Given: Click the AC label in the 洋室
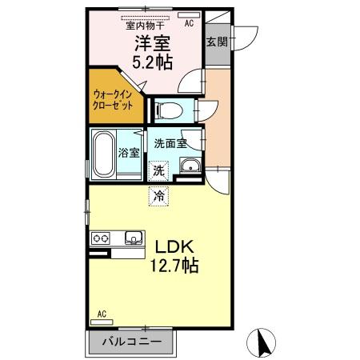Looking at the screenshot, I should tap(189, 24).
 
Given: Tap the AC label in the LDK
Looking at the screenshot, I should tap(102, 313).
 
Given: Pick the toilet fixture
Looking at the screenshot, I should tap(170, 108).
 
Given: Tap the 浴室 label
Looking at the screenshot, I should tap(129, 153).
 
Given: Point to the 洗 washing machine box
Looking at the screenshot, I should tap(159, 170).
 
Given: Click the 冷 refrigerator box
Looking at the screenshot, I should tap(159, 194).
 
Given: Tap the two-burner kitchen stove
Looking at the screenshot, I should tap(102, 238).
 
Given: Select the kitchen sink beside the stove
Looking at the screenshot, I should tap(133, 237).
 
